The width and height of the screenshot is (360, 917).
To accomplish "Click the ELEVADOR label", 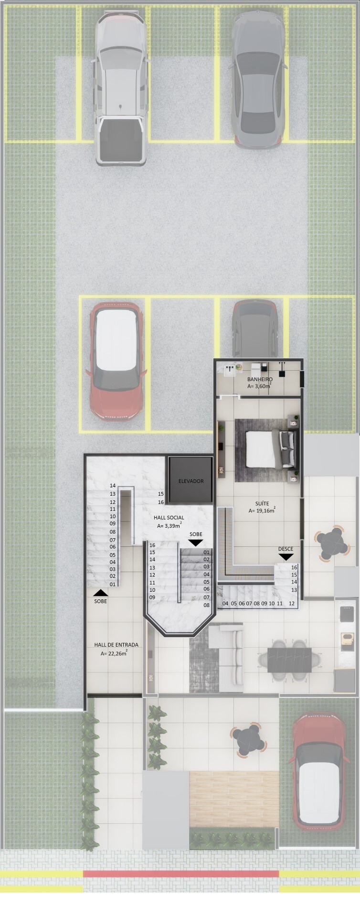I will (x=191, y=481).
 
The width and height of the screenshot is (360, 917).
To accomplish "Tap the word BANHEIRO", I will (x=260, y=379).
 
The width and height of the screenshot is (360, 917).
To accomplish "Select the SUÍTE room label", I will (x=262, y=503).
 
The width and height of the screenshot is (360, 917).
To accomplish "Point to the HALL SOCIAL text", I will (x=169, y=518).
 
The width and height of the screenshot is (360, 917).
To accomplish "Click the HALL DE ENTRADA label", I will (x=116, y=645).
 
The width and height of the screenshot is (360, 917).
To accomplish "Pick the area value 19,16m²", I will (x=262, y=511).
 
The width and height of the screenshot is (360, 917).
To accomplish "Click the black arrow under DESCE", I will (x=286, y=557).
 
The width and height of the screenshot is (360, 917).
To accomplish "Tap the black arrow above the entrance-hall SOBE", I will (x=101, y=593).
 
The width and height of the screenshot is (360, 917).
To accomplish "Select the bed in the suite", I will (x=265, y=449).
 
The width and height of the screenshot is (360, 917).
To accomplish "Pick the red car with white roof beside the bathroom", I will (x=116, y=361).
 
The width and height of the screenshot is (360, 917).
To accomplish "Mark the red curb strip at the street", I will (x=181, y=873).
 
